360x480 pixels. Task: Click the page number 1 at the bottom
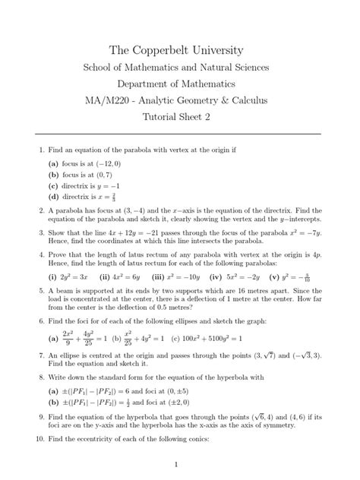(175, 463)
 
